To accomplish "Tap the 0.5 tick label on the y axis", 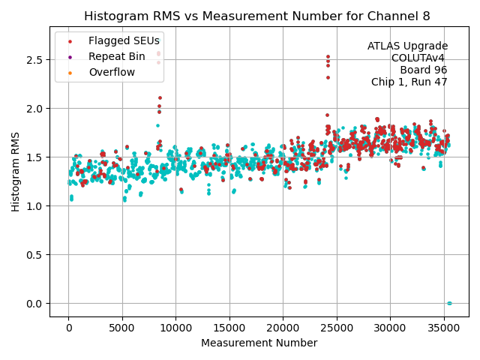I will tap(34, 255).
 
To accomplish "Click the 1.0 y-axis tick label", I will tap(34, 206).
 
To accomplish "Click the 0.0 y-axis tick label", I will tap(34, 304).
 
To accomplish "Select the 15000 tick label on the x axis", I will tap(229, 328).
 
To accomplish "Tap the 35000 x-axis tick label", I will tap(443, 328).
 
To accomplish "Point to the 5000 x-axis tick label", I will tap(122, 328).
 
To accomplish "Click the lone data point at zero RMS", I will tap(449, 303).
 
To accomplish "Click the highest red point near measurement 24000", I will tap(328, 56).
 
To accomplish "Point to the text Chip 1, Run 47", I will tap(409, 82).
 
